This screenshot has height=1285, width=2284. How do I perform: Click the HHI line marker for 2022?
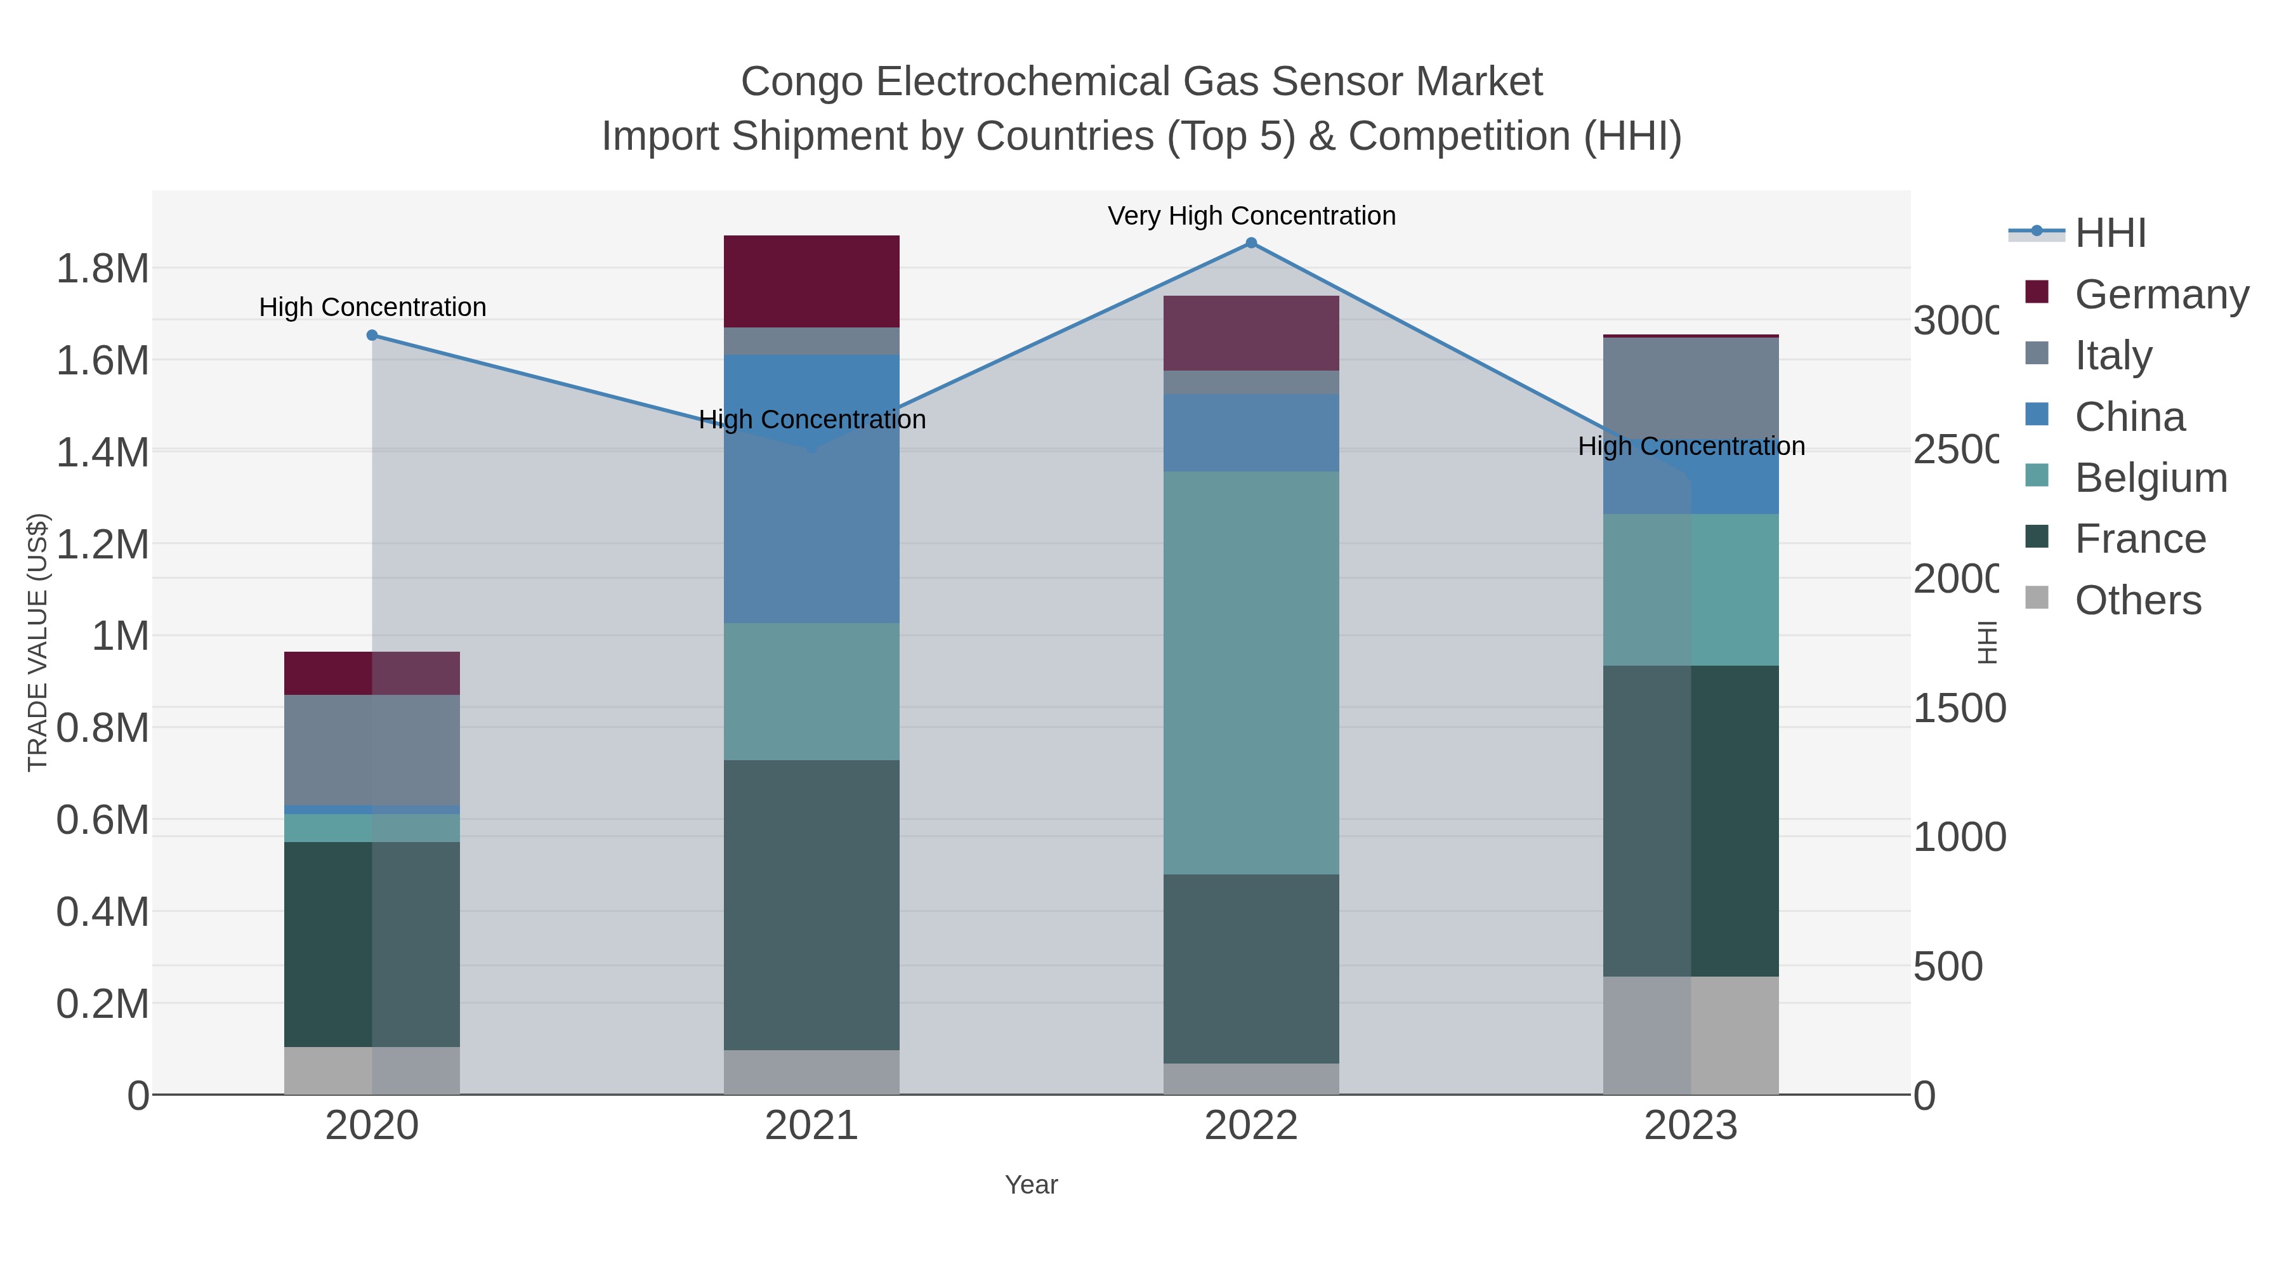click(x=1251, y=243)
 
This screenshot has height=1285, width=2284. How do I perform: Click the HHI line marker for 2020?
click(x=372, y=335)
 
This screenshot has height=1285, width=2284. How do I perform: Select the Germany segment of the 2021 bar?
click(x=811, y=281)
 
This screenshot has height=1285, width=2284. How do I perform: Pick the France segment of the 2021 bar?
click(x=811, y=904)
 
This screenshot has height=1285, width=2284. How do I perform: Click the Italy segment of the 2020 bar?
click(x=372, y=749)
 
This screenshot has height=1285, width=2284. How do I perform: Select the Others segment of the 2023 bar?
click(x=1691, y=1035)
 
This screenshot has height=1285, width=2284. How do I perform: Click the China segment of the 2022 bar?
click(x=1251, y=433)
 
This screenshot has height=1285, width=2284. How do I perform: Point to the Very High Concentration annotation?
click(x=1251, y=216)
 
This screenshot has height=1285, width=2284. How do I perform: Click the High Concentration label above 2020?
click(x=372, y=308)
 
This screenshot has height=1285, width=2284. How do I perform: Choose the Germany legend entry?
click(x=2162, y=294)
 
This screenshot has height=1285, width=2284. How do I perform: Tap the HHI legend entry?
click(x=2110, y=234)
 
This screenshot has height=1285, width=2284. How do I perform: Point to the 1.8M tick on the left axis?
click(x=103, y=268)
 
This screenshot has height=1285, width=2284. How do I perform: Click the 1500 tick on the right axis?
click(x=1959, y=709)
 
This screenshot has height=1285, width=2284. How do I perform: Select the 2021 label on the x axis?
click(x=811, y=1126)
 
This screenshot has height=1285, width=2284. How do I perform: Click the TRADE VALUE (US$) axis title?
click(x=37, y=642)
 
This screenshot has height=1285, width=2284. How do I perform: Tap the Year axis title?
click(x=1031, y=1185)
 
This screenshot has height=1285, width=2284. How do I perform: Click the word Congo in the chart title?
click(x=803, y=82)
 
